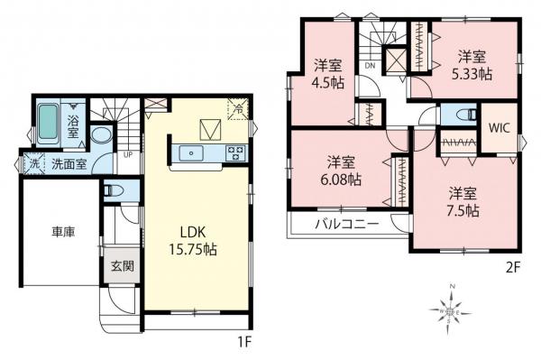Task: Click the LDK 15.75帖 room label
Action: (x=193, y=241)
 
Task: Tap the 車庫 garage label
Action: (x=63, y=232)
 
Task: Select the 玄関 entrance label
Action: (x=122, y=266)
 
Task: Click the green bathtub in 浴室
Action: (x=47, y=122)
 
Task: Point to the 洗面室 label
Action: (x=69, y=164)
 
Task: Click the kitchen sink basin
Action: (x=191, y=152)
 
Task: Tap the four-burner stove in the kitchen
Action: (x=235, y=152)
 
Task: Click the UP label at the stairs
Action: (x=128, y=155)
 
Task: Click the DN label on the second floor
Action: (x=371, y=65)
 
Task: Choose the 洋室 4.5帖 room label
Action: (x=328, y=73)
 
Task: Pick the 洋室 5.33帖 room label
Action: (x=472, y=66)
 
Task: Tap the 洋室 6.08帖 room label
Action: (x=342, y=171)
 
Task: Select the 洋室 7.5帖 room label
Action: (x=463, y=202)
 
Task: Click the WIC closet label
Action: (x=499, y=128)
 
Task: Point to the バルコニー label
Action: (x=347, y=224)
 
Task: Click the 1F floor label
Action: (x=244, y=342)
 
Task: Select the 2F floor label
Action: (x=512, y=267)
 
